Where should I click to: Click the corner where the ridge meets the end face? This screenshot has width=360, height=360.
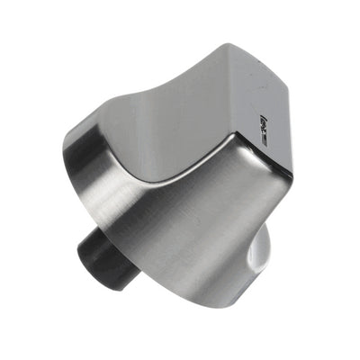click(x=236, y=137)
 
